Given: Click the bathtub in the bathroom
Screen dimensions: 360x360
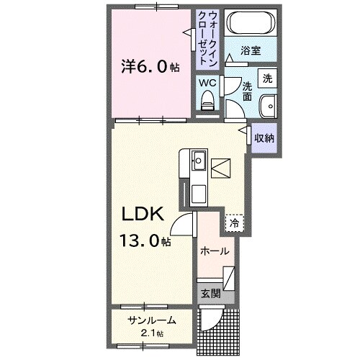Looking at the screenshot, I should point(249,24).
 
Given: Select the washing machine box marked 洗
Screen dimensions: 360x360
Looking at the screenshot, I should point(267,78).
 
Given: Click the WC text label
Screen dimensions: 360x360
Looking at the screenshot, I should point(207,83).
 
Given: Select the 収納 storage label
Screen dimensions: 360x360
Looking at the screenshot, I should point(264,138).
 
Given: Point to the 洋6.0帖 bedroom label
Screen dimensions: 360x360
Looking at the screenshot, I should point(150,66).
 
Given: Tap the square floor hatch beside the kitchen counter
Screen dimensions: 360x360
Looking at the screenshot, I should point(221,167).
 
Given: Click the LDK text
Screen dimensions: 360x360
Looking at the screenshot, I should point(143,214).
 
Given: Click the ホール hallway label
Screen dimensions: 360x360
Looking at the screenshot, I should point(214,251).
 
